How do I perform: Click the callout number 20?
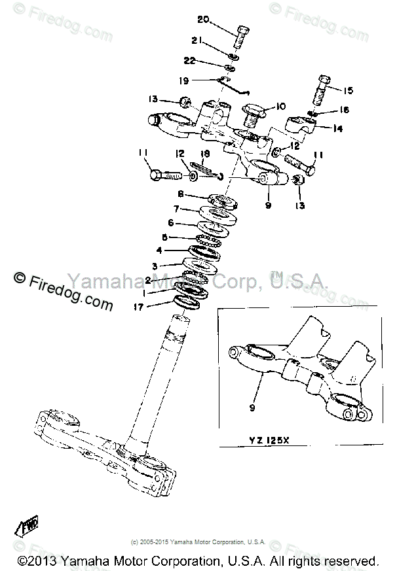click(x=203, y=20)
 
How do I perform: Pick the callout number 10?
click(x=281, y=106)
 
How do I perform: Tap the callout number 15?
click(x=348, y=90)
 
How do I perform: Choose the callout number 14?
click(x=338, y=130)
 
